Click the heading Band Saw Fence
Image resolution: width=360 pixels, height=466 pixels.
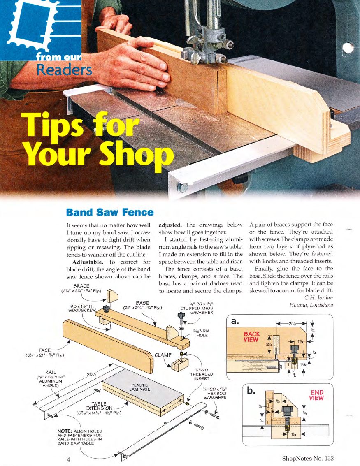tap(110, 212)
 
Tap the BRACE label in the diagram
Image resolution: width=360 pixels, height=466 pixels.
tap(81, 286)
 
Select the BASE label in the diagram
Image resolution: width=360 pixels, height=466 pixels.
tap(142, 303)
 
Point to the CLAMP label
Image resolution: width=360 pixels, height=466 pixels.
tap(163, 355)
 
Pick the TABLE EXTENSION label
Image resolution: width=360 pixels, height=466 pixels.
tap(99, 406)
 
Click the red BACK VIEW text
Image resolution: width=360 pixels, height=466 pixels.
tap(252, 336)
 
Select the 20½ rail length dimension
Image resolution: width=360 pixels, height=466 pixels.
tap(91, 375)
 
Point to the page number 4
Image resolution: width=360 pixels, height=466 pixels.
tap(68, 459)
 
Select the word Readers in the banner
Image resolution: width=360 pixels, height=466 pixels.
tap(64, 70)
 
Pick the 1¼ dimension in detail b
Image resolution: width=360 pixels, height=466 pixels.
tap(294, 434)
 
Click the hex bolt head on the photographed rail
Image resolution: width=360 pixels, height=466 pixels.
tap(183, 188)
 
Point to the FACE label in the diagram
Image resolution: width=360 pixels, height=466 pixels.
tap(44, 350)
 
